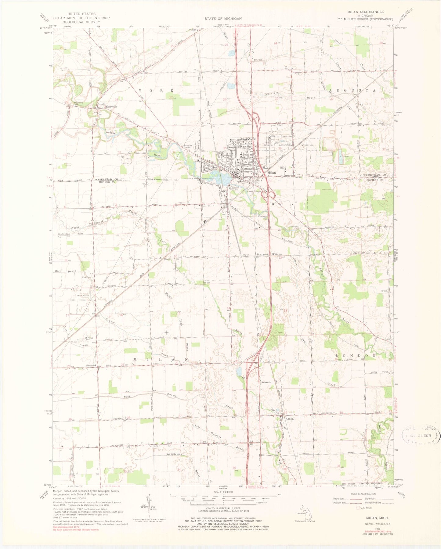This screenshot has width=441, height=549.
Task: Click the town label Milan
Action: point(271,173)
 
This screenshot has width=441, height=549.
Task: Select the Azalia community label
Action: point(289,419)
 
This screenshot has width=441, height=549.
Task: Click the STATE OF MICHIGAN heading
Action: point(223,19)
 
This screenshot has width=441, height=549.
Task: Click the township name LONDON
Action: point(356,356)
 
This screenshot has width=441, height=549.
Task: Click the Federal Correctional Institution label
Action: point(289,145)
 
